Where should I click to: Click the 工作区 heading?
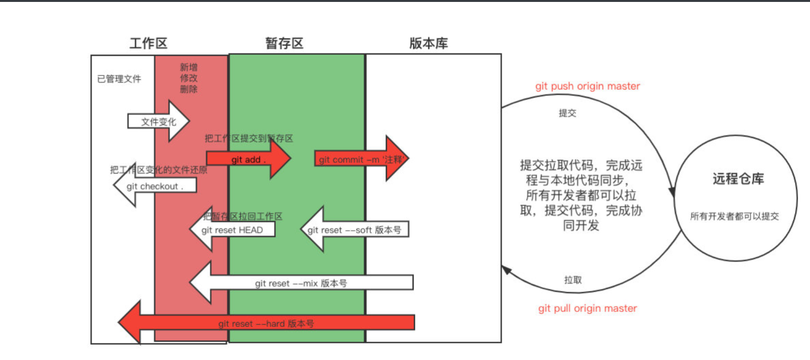(148, 43)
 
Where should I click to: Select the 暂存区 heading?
(284, 43)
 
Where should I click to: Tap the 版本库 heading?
(429, 43)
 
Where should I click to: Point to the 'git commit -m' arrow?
(361, 159)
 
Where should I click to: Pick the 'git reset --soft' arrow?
(354, 230)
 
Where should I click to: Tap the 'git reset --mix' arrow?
(301, 283)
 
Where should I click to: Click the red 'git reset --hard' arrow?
(266, 323)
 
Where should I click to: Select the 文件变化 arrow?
(159, 122)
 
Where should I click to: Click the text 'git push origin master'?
(587, 86)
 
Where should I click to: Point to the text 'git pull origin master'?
(587, 309)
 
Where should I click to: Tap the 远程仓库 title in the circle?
(738, 179)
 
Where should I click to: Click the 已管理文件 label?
(119, 79)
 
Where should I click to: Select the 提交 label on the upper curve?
(567, 113)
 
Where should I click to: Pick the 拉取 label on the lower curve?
(573, 280)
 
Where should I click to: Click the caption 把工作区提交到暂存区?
(249, 139)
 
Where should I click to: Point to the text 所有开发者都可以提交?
(734, 217)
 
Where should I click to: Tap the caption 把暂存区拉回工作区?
(242, 217)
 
